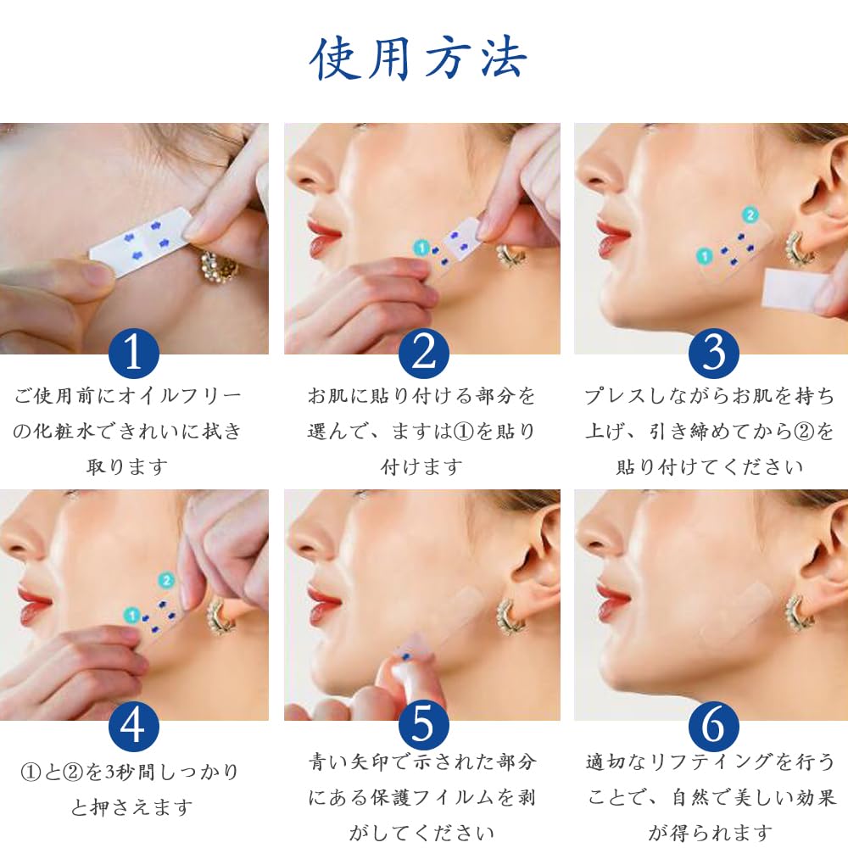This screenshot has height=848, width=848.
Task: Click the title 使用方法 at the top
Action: tap(417, 59)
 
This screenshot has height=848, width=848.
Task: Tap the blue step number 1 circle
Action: tap(134, 353)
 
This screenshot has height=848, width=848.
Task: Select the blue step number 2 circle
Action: tap(423, 353)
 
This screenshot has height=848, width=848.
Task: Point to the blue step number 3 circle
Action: tap(713, 353)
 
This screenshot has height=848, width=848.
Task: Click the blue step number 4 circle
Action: tap(134, 727)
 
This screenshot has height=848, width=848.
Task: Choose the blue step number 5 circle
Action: tap(423, 727)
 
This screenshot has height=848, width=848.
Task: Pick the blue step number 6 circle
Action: tap(713, 727)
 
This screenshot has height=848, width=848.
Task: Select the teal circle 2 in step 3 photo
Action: tap(750, 215)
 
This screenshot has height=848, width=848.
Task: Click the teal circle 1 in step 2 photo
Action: tap(421, 248)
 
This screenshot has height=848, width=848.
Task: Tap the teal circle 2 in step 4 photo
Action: tap(166, 581)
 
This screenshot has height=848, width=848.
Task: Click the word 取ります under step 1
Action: tap(127, 466)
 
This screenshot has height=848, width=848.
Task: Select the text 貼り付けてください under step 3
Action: tap(710, 466)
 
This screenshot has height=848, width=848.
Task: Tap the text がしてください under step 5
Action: tap(421, 833)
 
